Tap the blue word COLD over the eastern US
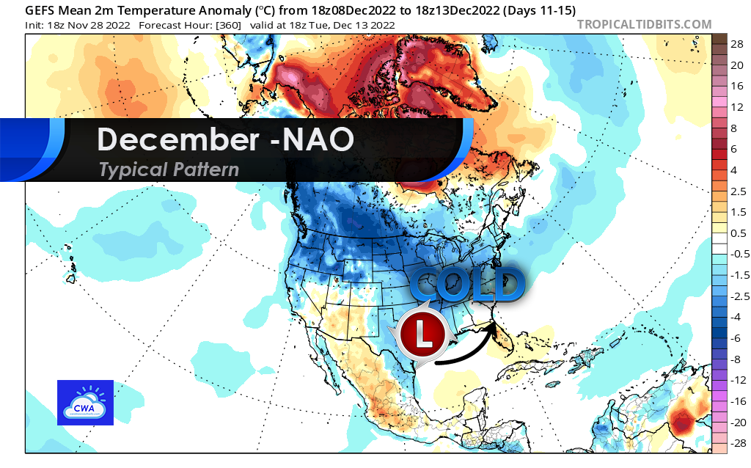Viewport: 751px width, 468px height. click(x=466, y=285)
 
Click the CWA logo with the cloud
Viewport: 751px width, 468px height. click(x=85, y=403)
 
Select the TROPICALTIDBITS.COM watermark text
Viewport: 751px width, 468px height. click(x=644, y=24)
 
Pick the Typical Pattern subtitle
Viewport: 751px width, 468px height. click(x=169, y=169)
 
